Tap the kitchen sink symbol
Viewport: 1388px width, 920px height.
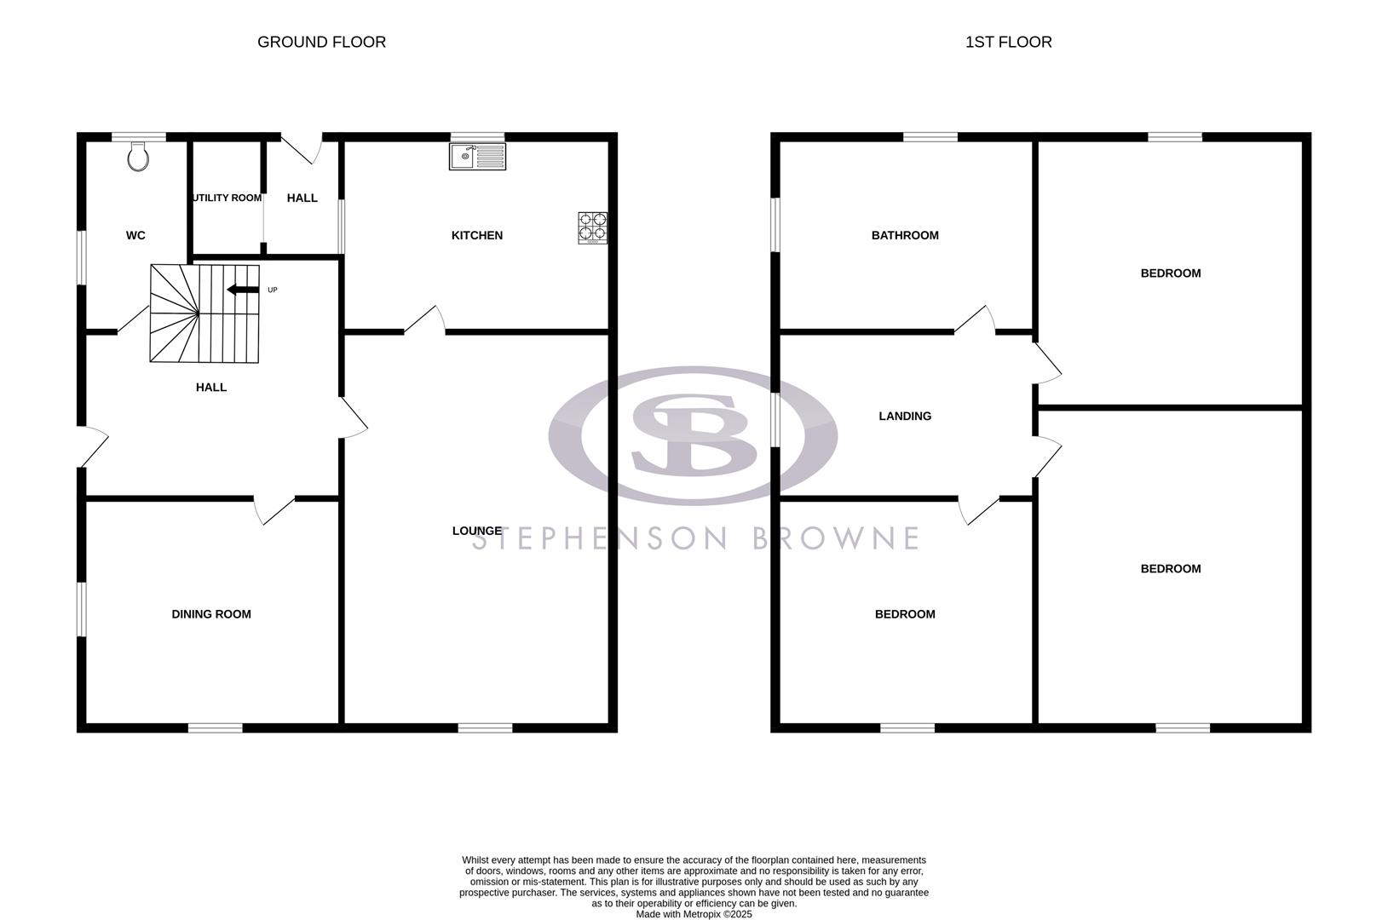click(x=477, y=156)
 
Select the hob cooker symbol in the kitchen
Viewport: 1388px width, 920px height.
click(x=593, y=227)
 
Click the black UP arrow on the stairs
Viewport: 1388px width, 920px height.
click(x=243, y=290)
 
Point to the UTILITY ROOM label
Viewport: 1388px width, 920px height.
click(x=227, y=198)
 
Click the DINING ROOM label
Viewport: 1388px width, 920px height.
click(x=211, y=614)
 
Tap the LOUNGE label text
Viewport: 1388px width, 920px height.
click(x=476, y=531)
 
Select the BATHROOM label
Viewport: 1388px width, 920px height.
click(x=905, y=235)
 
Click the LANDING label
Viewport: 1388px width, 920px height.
click(x=905, y=416)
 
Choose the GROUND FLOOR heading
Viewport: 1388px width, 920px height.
click(x=321, y=42)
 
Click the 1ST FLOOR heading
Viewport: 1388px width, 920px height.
click(x=1008, y=42)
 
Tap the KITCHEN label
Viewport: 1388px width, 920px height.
click(x=476, y=235)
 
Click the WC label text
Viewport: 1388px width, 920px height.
click(x=135, y=235)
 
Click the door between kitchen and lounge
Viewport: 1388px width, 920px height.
click(x=425, y=319)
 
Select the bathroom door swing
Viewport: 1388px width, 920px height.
click(x=976, y=319)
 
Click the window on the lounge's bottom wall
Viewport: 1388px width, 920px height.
click(x=485, y=727)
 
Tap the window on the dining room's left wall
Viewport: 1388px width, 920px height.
click(x=81, y=609)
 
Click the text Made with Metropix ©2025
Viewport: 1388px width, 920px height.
click(x=694, y=914)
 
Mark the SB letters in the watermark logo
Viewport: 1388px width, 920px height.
click(x=694, y=434)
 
